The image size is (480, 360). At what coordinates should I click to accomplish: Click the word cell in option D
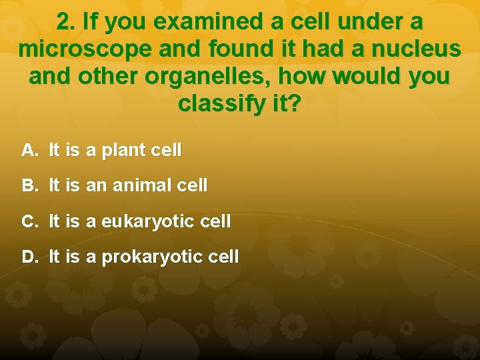(224, 257)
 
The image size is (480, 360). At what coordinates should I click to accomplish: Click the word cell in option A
(166, 151)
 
